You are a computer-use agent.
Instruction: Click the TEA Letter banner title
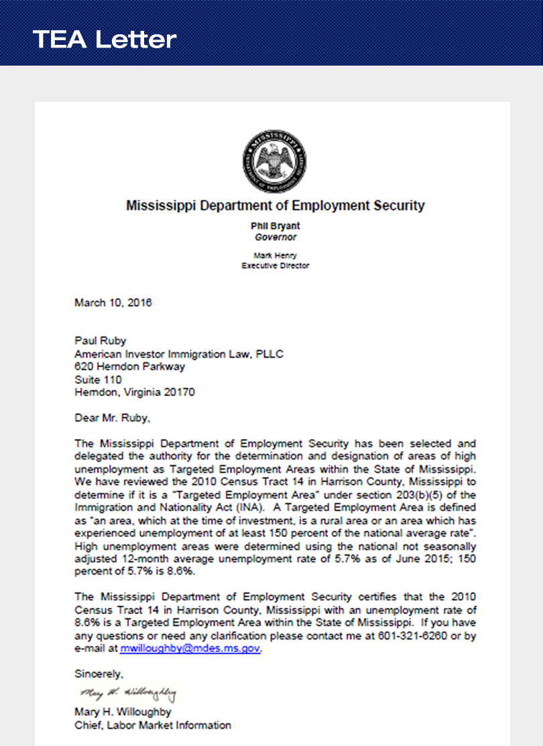[105, 40]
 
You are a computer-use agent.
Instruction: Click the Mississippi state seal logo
[275, 161]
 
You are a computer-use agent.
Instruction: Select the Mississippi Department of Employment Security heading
[275, 206]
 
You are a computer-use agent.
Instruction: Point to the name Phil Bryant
[275, 227]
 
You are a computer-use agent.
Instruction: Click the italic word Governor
[275, 237]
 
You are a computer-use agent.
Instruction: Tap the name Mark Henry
[275, 256]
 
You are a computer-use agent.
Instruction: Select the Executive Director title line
[275, 266]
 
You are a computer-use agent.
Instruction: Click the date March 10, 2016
[113, 303]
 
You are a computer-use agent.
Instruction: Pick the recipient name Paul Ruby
[100, 341]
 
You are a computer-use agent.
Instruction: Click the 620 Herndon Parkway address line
[129, 367]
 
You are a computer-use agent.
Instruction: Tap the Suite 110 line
[98, 380]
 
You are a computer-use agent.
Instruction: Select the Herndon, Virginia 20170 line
[134, 392]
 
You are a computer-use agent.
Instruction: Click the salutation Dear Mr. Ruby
[113, 419]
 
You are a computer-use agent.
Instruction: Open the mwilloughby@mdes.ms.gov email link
[190, 648]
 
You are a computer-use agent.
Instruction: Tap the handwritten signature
[128, 693]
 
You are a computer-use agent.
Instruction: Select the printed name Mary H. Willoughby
[123, 712]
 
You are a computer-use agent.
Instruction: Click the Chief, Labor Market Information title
[152, 725]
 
